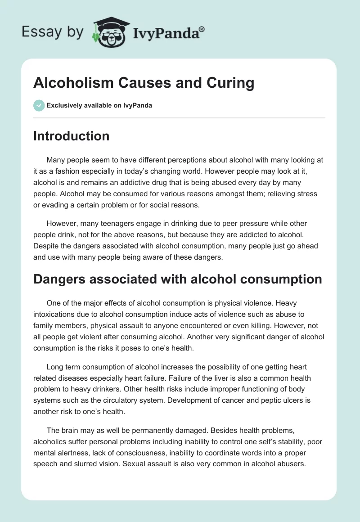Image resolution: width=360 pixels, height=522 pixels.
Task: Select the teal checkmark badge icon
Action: click(39, 105)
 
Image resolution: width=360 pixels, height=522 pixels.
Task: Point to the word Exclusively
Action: click(64, 105)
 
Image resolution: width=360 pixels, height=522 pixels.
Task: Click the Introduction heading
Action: click(71, 136)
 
